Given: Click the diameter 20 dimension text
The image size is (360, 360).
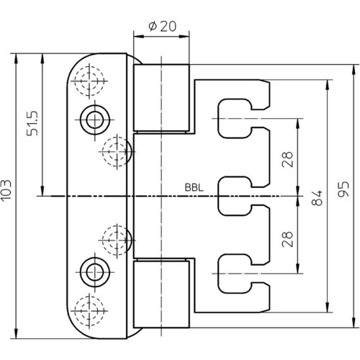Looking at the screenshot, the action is point(163,26).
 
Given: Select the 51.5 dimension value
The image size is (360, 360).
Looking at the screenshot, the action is point(32,123).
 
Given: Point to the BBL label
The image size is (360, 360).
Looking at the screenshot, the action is point(194,188).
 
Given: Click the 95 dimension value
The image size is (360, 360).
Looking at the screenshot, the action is point(343,189).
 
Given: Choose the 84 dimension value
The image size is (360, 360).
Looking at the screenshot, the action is point(317,198).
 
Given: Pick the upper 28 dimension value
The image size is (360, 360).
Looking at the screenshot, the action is point(287,159).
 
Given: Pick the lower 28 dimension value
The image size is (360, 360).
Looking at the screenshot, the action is point(287,239).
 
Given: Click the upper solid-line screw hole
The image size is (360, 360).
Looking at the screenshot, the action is point(95,120).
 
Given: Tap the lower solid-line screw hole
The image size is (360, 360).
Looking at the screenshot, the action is point(95,272).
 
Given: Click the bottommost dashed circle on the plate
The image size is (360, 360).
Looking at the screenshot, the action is point(89,311).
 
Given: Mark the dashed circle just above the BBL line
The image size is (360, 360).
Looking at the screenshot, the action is point(117,152).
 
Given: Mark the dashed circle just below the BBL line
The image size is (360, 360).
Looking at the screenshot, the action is point(117,240).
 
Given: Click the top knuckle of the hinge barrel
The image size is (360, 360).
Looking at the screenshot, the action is point(161,98).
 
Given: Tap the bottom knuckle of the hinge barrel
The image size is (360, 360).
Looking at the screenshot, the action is point(161,294).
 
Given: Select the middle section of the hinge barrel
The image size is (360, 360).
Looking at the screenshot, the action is point(161,197).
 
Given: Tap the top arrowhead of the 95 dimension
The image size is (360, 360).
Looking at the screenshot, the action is point(354,70).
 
